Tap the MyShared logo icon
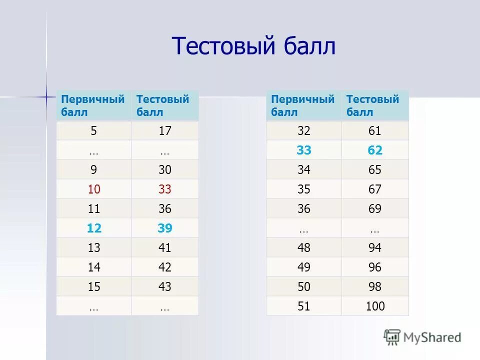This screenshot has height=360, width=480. tap(392, 337)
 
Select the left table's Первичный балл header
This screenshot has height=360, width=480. tap(93, 105)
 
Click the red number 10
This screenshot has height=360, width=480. tap(93, 189)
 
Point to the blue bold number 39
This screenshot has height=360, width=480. tap(165, 228)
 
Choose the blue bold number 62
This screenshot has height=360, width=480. tap(374, 150)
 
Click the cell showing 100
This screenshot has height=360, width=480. tap(375, 306)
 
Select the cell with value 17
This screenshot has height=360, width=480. tap(165, 131)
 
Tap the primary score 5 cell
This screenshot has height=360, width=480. tap(93, 131)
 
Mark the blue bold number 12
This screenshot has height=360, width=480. tap(93, 228)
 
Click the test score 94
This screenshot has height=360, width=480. tap(374, 248)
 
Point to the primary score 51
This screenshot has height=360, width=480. tap(303, 306)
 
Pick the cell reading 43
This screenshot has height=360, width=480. tap(165, 287)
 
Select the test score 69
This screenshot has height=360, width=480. tap(374, 209)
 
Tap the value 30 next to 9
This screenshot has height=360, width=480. tap(165, 170)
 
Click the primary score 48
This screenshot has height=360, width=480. tap(303, 248)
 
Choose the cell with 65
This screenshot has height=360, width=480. tap(374, 170)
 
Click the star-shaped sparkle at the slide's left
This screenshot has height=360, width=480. tap(46, 96)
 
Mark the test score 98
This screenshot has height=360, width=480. tap(374, 287)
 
